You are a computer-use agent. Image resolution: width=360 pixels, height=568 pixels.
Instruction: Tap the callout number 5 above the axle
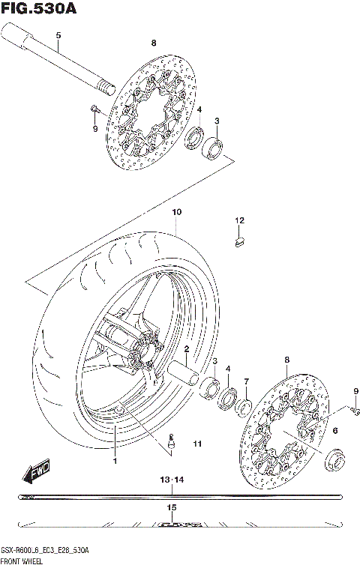58,36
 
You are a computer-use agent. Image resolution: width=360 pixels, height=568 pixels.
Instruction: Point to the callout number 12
239,220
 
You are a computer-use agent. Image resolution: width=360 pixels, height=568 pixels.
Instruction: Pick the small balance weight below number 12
238,241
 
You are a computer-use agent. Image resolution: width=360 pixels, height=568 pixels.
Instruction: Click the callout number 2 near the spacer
186,348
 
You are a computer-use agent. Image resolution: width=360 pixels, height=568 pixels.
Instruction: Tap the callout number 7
246,381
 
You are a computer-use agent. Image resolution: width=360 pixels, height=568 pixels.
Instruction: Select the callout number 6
334,430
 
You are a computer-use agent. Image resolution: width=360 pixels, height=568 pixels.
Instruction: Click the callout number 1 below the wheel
115,460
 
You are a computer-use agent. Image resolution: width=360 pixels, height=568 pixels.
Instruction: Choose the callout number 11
197,444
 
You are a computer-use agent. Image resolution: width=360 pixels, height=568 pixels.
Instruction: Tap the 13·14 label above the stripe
172,479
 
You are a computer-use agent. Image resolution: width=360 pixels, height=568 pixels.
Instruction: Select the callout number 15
172,508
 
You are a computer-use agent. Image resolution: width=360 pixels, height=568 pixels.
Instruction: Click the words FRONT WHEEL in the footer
25,560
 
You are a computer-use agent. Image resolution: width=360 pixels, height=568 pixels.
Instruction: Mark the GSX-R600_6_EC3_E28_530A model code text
46,550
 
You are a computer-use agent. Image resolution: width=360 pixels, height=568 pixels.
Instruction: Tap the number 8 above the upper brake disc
153,43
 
